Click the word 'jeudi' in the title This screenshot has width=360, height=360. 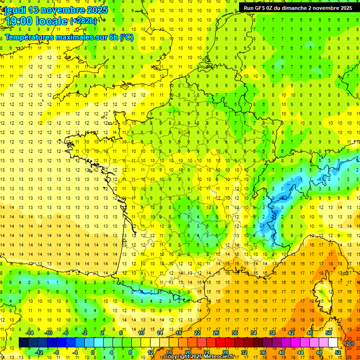pos(15,10)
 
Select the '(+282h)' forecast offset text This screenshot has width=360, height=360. pos(83,21)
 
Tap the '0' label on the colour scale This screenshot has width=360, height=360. pos(93,352)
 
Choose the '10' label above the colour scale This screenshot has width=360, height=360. pos(141,332)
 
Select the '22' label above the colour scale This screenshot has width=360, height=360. pos(197,332)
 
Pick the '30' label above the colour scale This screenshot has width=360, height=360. pos(235,332)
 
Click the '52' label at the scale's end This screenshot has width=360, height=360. pos(337,352)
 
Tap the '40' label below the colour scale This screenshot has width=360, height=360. pos(281,352)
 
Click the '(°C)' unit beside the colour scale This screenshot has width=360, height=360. pos(349,343)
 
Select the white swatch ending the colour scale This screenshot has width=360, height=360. pos(333,342)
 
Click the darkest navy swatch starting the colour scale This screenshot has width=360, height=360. pos(23,342)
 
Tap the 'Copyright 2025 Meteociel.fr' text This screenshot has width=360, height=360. pos(199,357)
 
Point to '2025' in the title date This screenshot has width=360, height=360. pos(97,10)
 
